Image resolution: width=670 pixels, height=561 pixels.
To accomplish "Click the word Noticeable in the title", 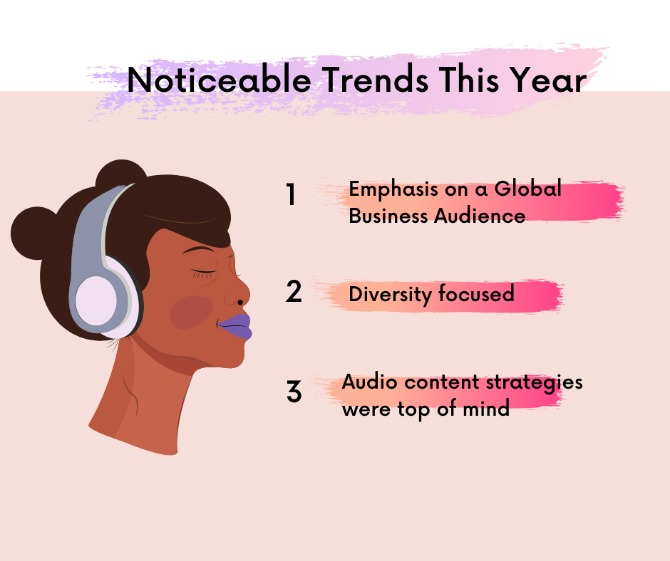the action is click(x=220, y=79).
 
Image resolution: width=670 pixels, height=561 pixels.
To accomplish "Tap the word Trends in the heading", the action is click(x=375, y=79).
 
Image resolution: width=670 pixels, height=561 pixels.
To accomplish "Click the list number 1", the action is click(x=291, y=194).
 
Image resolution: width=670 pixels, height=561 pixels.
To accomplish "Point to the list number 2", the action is click(x=294, y=292).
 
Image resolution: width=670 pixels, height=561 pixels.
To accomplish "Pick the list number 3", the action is click(x=294, y=391).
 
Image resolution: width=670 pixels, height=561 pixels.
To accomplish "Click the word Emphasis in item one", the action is click(x=393, y=190).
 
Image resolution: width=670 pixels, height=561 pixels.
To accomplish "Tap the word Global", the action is click(x=527, y=189).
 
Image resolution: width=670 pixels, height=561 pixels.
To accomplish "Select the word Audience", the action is click(x=480, y=216).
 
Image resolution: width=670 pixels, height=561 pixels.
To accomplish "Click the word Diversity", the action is click(x=390, y=295).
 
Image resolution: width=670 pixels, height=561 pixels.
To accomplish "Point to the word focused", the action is click(x=476, y=293).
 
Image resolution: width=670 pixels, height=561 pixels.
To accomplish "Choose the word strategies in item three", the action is click(x=535, y=383).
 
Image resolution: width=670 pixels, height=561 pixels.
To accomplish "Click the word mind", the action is click(x=486, y=408).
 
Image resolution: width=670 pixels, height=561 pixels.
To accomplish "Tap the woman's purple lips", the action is click(x=235, y=327).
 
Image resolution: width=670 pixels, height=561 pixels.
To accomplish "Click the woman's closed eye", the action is click(x=205, y=272).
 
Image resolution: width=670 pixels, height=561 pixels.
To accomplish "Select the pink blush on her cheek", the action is click(x=192, y=313).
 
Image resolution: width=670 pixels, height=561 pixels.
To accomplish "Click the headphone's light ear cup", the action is click(x=96, y=300).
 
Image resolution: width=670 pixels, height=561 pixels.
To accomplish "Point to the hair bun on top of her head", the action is click(x=121, y=174).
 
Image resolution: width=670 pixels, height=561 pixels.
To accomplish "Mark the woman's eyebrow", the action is click(x=198, y=250).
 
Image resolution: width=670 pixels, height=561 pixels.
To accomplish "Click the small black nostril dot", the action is click(x=240, y=303).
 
